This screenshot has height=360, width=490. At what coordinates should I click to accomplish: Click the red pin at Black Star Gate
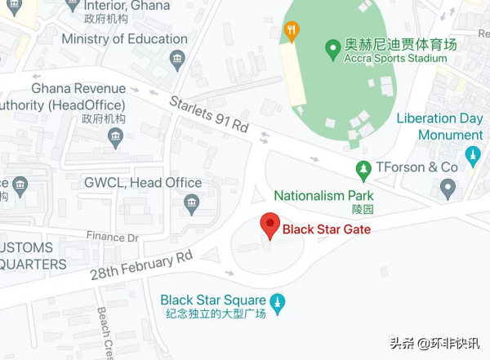[x=270, y=224]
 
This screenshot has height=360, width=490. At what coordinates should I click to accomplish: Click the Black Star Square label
[x=213, y=300]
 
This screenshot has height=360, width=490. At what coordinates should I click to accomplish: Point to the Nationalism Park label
[x=323, y=196]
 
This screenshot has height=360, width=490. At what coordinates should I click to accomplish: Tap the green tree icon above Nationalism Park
[x=364, y=170]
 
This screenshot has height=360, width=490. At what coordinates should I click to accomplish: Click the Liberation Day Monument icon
[x=471, y=155]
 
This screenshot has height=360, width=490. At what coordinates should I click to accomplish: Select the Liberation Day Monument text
[x=439, y=127]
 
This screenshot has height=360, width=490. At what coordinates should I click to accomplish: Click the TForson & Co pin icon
[x=447, y=189]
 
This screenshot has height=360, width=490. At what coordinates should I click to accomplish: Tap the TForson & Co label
[x=416, y=167]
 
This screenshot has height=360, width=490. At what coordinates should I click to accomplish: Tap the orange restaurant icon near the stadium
[x=291, y=32]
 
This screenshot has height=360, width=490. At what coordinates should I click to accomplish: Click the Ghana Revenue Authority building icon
[x=115, y=137]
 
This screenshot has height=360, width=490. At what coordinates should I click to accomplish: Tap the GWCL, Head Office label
[x=143, y=183]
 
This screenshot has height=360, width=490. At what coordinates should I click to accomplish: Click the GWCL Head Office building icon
[x=192, y=203]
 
